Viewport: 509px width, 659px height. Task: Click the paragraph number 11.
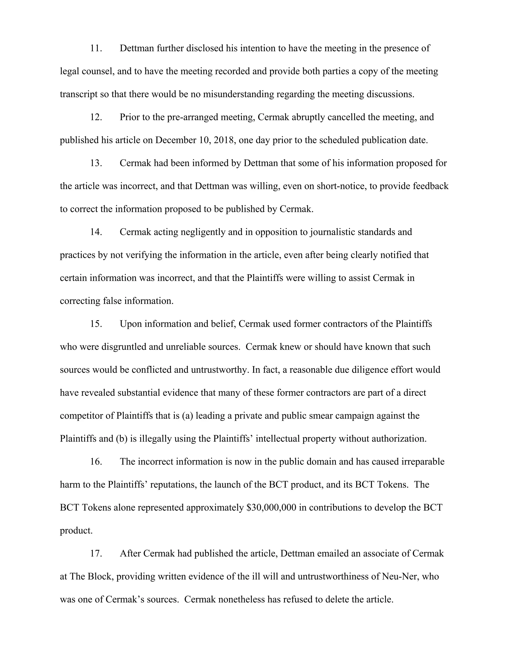click(x=96, y=48)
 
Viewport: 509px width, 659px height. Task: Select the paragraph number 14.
click(x=96, y=232)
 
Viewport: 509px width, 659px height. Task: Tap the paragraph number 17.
click(x=96, y=554)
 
